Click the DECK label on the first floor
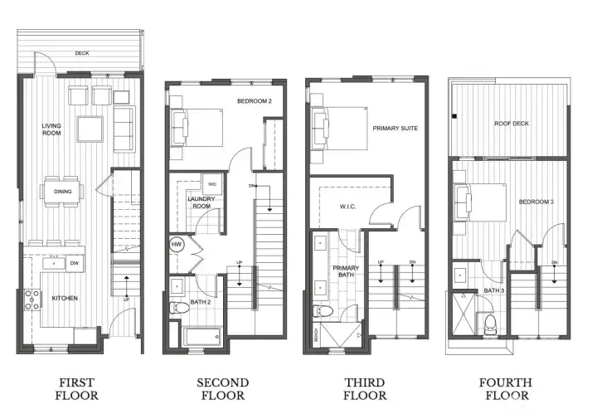click(82, 53)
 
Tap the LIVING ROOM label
click(52, 131)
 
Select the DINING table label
click(64, 192)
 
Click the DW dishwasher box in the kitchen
click(75, 264)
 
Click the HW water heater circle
click(177, 244)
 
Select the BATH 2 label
click(201, 302)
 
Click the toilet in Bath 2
click(177, 309)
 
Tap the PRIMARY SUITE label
click(395, 129)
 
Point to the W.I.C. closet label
click(347, 207)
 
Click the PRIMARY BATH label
click(346, 272)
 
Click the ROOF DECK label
click(512, 124)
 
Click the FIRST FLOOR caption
click(76, 388)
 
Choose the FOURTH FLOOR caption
click(505, 388)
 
